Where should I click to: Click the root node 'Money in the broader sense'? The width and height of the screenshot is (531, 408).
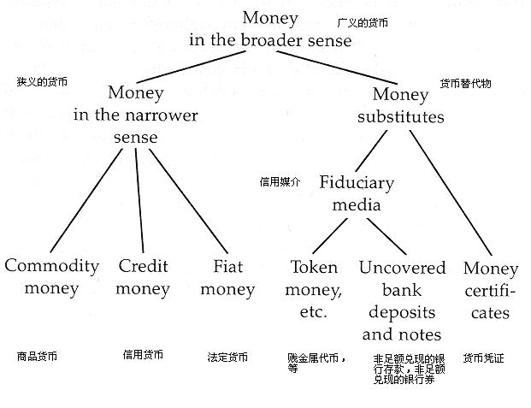(x=270, y=28)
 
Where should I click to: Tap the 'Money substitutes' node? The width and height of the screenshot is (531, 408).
(x=401, y=104)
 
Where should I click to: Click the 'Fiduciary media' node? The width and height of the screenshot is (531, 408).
(x=357, y=193)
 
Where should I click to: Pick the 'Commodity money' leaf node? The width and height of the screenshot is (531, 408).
(x=51, y=276)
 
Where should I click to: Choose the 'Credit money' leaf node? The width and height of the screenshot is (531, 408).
(x=143, y=276)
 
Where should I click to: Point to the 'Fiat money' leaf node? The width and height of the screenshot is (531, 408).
(x=227, y=277)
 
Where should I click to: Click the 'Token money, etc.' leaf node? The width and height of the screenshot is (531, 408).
(x=314, y=289)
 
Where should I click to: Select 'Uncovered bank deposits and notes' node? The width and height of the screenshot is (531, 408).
(x=402, y=300)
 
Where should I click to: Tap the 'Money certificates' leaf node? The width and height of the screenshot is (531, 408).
(x=490, y=290)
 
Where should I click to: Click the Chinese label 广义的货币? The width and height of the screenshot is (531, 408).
(x=363, y=23)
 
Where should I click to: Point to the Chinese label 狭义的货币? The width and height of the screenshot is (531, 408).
(x=42, y=82)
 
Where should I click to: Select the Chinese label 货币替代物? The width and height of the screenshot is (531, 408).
(x=465, y=84)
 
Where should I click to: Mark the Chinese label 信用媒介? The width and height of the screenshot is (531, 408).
(x=280, y=182)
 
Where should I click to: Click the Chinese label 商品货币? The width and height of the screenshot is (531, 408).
(x=38, y=355)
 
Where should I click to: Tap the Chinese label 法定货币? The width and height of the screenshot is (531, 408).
(x=227, y=356)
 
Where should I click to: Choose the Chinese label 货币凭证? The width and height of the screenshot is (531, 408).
(x=483, y=358)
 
